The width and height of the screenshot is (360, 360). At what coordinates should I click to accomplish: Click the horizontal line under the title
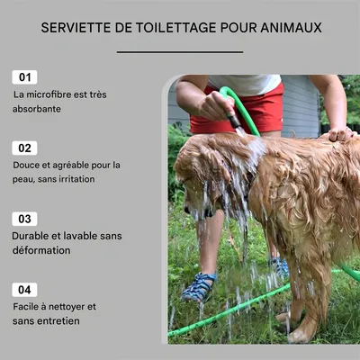pyautogui.click(x=180, y=52)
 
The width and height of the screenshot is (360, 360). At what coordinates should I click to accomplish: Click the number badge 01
pyautogui.click(x=25, y=77)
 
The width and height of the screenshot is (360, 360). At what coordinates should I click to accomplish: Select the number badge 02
pyautogui.click(x=25, y=148)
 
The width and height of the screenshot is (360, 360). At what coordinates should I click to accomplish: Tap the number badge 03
pyautogui.click(x=25, y=219)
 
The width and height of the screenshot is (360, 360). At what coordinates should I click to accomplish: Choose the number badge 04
pyautogui.click(x=25, y=290)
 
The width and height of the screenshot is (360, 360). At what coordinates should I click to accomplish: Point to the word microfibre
pyautogui.click(x=52, y=94)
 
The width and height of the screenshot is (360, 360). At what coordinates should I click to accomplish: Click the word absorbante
pyautogui.click(x=37, y=109)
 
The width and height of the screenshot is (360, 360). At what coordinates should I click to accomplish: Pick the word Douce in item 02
pyautogui.click(x=26, y=165)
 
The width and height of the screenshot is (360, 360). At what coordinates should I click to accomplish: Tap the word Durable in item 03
pyautogui.click(x=31, y=236)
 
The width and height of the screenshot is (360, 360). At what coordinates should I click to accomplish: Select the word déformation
pyautogui.click(x=42, y=250)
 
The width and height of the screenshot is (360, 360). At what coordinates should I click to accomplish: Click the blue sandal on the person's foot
pyautogui.click(x=199, y=287)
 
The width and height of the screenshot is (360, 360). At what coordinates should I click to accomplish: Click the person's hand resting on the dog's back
pyautogui.click(x=341, y=134)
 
